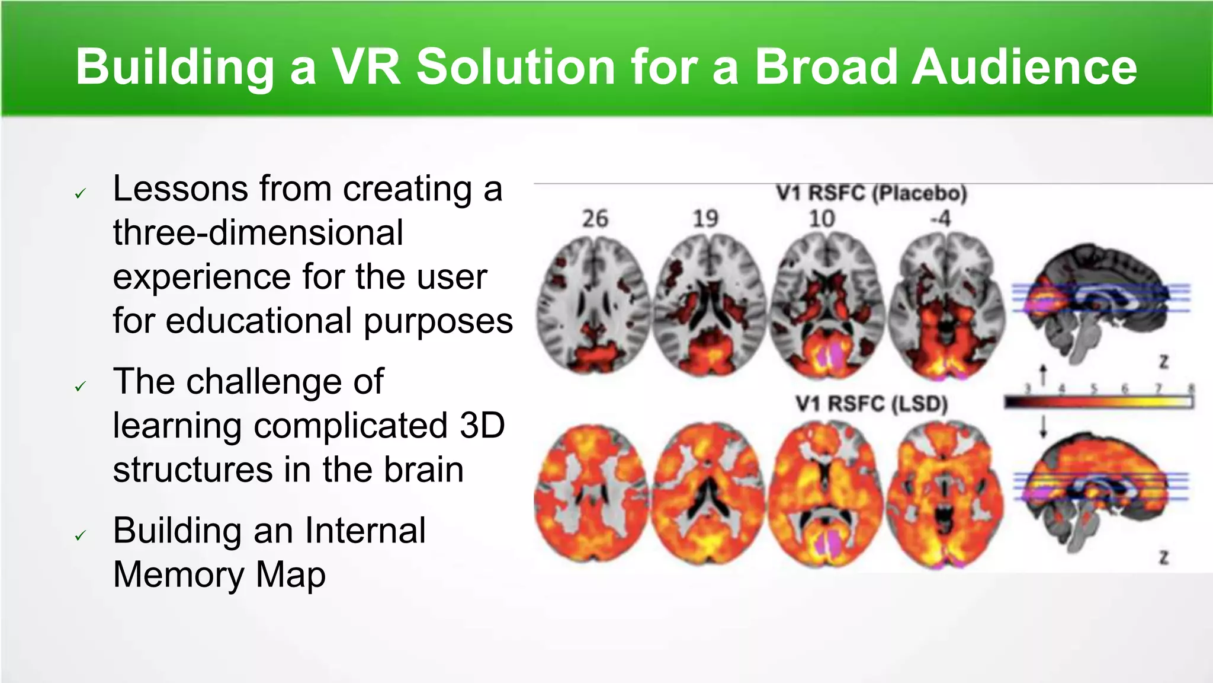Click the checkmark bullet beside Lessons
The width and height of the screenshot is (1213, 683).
[x=81, y=193]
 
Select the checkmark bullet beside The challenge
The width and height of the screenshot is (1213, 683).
[x=81, y=387]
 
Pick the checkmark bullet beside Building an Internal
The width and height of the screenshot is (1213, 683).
[x=81, y=536]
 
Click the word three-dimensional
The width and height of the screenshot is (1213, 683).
[x=258, y=232]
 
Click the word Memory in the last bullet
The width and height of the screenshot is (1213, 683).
[x=178, y=574]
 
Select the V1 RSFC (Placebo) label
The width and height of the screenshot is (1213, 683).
[x=871, y=193]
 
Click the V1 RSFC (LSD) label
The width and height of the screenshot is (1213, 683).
[x=871, y=404]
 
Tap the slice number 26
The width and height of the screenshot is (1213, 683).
[x=595, y=219]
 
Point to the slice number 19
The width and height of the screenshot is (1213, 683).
[x=705, y=219]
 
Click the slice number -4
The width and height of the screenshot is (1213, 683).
[x=940, y=219]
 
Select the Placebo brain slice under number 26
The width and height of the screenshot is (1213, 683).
[x=593, y=305]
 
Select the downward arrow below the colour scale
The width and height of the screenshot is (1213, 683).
[x=1044, y=426]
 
